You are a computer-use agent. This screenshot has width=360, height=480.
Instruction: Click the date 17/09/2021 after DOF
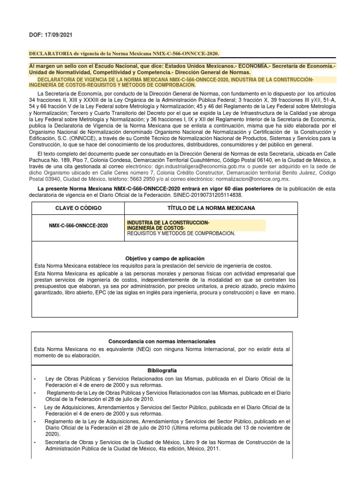pos(57,35)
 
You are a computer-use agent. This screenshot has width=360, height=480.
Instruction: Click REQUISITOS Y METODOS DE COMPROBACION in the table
pos(181,233)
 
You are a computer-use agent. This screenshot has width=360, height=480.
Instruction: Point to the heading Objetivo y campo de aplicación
pos(165,258)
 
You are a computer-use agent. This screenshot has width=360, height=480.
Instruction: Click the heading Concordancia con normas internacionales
pos(162,341)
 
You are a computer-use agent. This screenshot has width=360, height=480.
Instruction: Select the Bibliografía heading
pos(162,370)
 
